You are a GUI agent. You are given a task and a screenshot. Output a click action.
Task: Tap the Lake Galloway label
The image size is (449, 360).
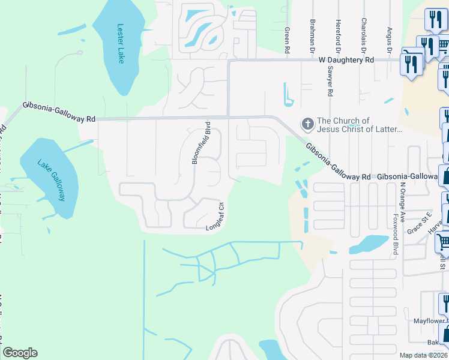51,176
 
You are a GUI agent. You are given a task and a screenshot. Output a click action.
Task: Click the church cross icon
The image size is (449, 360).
307,125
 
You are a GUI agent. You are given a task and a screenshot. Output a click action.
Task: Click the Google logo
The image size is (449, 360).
20,353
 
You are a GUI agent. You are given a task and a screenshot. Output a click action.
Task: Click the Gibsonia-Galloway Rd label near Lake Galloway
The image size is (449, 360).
59,112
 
